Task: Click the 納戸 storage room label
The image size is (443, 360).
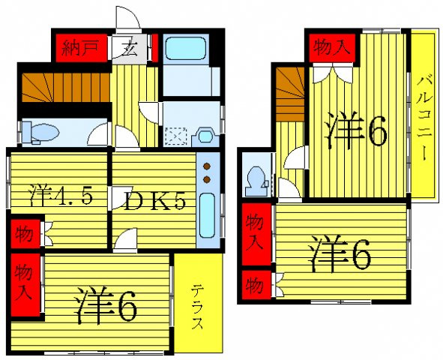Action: coord(80,48)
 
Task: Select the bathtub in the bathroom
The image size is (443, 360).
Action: coord(186,49)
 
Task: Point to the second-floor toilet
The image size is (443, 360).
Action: coord(256,181)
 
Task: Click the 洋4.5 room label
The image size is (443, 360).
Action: coord(61,196)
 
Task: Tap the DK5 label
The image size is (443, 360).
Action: coord(154,202)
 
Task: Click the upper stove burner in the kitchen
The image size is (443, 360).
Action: coord(207,166)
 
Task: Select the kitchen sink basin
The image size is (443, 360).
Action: coord(207,215)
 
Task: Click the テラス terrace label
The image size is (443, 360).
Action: coord(197,307)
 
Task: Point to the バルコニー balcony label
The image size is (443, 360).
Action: coord(424,118)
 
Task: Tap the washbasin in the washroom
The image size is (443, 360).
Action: coord(205,137)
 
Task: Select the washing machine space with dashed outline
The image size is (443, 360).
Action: coord(176,137)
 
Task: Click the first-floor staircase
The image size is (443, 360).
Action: coord(66,87)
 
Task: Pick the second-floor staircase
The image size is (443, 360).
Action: coord(290,94)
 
